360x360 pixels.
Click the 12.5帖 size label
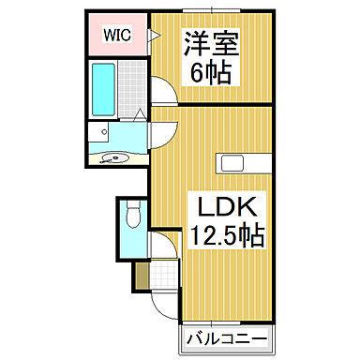225,236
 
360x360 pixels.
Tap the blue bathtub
103,87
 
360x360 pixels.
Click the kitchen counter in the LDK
245,163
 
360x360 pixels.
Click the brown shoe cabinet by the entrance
140,277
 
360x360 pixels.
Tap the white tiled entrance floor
165,275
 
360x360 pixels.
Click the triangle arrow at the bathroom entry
138,115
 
